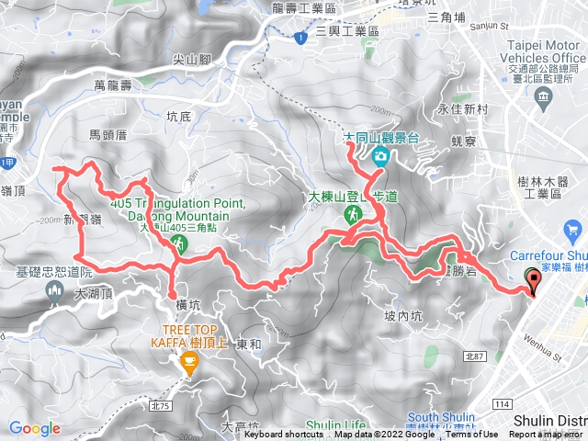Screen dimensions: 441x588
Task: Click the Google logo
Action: tap(35, 428)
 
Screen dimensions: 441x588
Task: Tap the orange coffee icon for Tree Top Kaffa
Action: tap(189, 362)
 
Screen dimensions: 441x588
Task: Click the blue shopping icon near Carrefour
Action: tap(574, 229)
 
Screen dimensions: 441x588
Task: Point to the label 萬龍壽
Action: tap(114, 85)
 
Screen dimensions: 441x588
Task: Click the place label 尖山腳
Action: tap(193, 59)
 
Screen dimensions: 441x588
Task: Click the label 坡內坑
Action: tap(403, 317)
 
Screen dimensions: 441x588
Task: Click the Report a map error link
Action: tap(548, 435)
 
